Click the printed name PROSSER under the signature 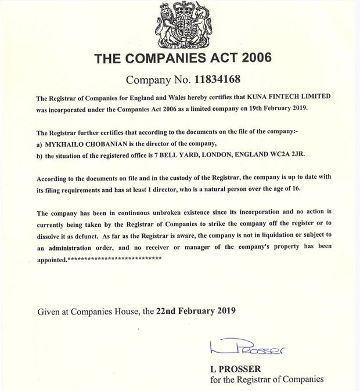[x=239, y=369]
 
